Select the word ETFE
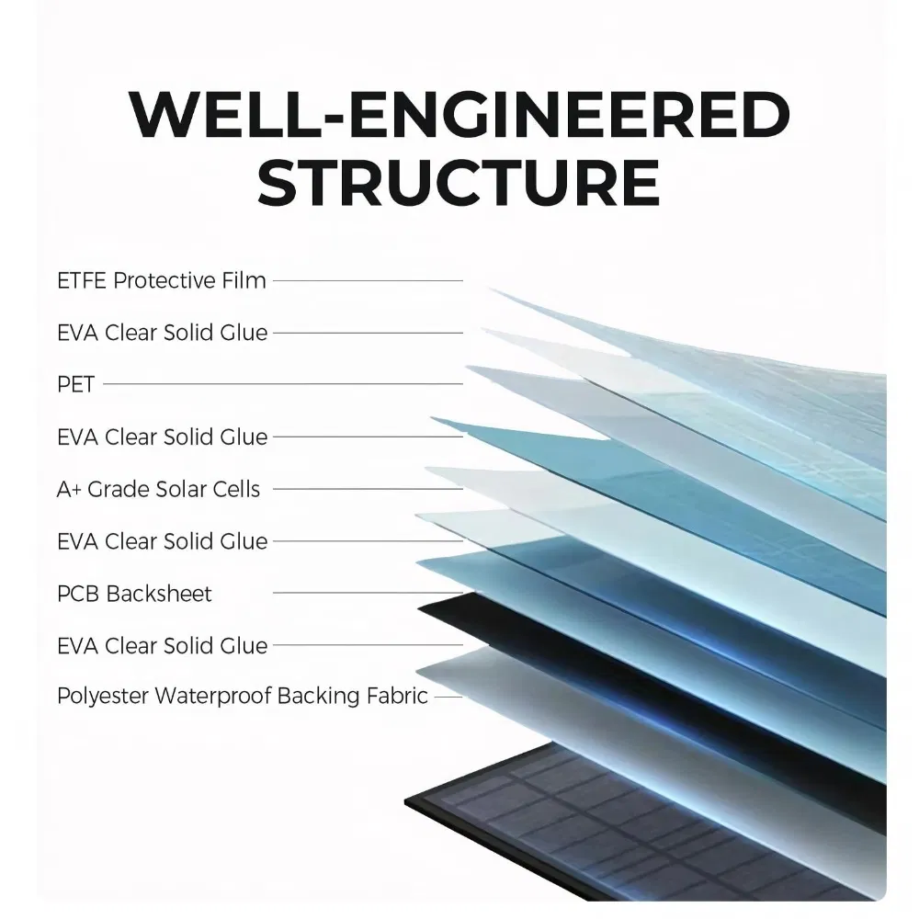81,280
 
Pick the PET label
75,384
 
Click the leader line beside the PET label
283,384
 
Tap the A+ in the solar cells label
69,490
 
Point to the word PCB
78,594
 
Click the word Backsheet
159,594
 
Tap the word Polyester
103,697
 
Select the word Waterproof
213,697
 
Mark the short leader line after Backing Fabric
448,697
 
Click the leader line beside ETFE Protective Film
369,280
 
